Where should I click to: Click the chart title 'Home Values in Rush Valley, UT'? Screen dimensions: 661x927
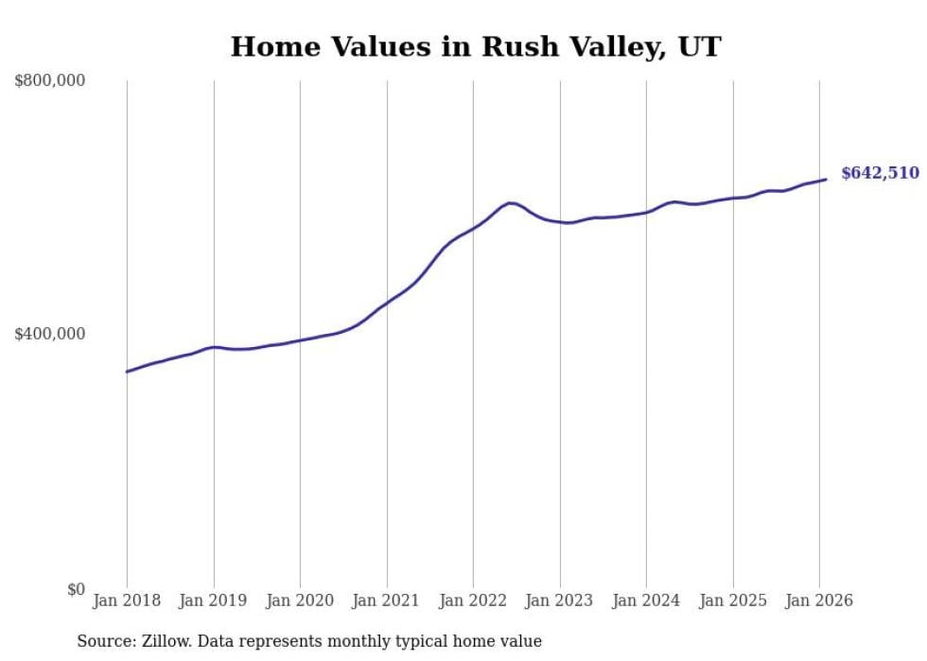(476, 46)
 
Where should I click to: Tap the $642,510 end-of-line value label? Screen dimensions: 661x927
(880, 173)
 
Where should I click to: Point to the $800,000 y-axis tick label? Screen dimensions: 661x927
(50, 81)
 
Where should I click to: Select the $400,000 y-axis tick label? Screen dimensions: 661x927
(50, 334)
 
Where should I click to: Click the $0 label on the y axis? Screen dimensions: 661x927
(76, 589)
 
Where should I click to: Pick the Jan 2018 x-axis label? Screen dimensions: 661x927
(127, 600)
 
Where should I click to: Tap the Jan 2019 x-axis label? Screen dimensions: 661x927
(214, 600)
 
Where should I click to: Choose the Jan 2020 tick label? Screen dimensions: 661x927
(300, 600)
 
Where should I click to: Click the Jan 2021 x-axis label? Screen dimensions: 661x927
(387, 600)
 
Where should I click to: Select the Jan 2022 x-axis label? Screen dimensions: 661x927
(473, 600)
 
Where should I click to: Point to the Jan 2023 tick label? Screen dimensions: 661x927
(560, 600)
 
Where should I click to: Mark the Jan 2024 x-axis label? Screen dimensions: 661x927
(646, 600)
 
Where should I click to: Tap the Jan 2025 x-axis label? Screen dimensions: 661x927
(733, 600)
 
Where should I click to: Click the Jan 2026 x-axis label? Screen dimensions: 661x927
(819, 600)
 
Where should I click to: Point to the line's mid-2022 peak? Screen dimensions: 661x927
(511, 202)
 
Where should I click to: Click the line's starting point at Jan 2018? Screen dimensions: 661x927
(127, 372)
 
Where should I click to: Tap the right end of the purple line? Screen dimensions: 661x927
(826, 180)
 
